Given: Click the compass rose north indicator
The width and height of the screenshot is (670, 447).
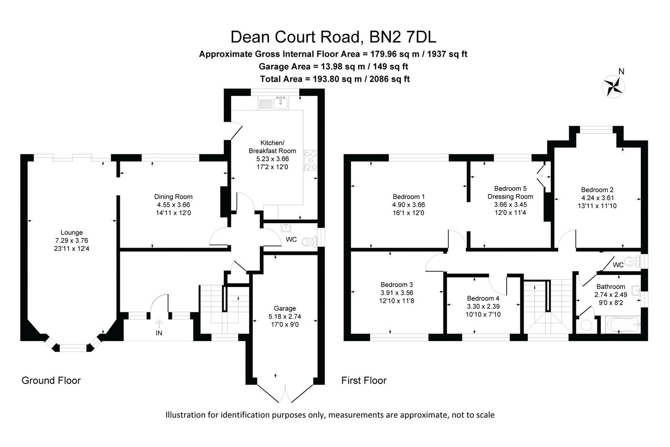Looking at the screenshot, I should click(614, 86).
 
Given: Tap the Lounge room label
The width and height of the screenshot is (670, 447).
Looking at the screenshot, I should click(72, 233).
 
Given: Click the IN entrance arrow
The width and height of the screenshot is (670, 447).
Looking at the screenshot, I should click(159, 324).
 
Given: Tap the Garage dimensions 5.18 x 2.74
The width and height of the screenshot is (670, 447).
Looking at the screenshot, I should click(285, 316).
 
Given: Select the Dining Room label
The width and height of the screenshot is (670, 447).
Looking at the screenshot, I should click(173, 197).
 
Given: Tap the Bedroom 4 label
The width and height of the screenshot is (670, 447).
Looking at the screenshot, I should click(483, 298).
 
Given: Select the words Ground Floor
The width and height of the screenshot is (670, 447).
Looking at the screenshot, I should click(51, 380).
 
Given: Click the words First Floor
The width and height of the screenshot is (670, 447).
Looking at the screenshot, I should click(364, 380).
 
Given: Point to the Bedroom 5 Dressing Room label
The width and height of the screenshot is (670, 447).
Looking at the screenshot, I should click(510, 192).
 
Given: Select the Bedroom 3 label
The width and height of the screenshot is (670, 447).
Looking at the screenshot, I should click(397, 284).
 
